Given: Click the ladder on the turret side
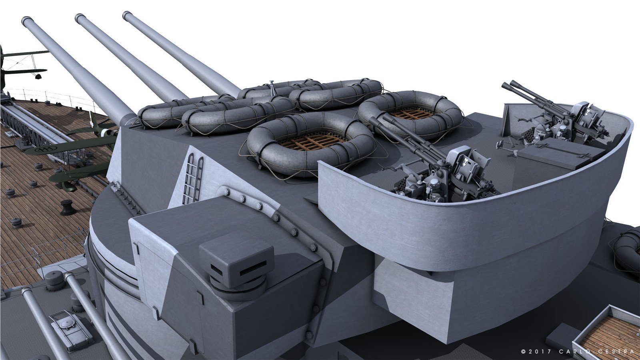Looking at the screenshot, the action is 193,178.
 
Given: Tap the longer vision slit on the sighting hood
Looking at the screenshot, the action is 253,268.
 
